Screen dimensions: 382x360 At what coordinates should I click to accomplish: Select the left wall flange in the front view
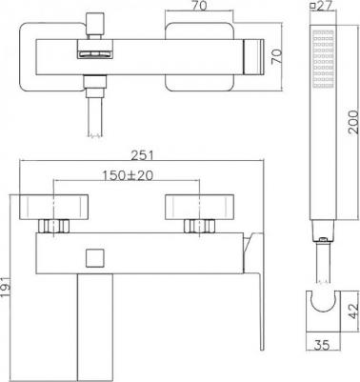point(53,207)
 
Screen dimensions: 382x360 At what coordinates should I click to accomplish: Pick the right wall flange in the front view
point(198,207)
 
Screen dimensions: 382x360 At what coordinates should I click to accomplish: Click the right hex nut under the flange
point(200,228)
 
